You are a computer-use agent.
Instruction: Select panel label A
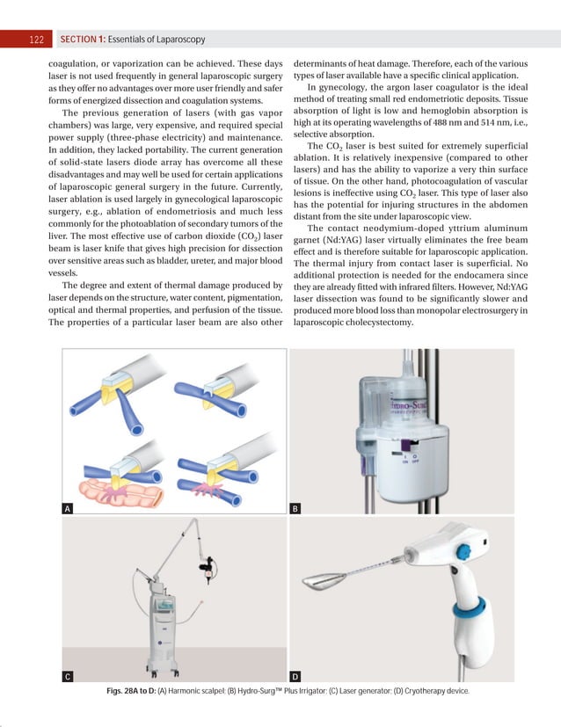tap(68, 508)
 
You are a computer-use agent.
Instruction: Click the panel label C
tap(68, 676)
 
